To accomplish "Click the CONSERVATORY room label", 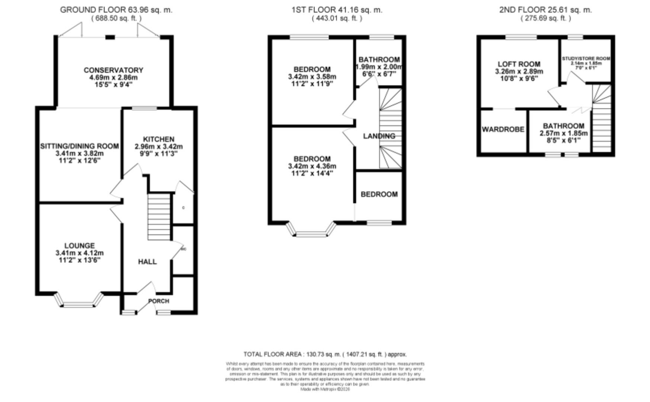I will tap(113, 70).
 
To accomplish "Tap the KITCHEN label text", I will tap(159, 139).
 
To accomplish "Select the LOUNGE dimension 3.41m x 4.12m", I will tap(79, 253).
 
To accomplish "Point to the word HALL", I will tap(147, 262).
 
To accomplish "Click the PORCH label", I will tap(159, 301).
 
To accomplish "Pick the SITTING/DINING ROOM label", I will tap(79, 146).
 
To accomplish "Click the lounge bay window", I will tap(79, 301).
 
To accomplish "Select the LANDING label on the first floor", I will tap(379, 136).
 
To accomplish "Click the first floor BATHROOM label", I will tap(379, 60).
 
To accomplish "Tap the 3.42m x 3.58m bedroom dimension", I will tap(312, 77).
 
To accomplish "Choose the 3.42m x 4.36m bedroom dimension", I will tap(312, 166).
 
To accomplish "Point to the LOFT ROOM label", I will tap(519, 64).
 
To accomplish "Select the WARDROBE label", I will tap(503, 129).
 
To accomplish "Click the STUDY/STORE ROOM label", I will tap(586, 58).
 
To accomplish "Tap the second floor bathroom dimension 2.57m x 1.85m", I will tap(563, 133).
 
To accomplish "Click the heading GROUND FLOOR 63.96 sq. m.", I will tap(116, 10).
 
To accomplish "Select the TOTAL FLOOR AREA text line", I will tap(325, 354).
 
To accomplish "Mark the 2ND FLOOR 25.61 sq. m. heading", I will tap(545, 10).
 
